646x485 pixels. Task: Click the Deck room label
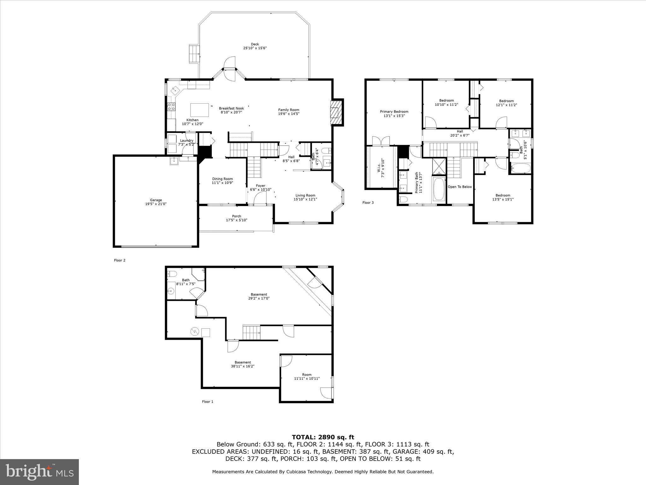click(x=255, y=44)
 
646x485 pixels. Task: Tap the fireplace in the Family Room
click(x=336, y=112)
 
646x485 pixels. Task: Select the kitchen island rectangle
click(x=199, y=110)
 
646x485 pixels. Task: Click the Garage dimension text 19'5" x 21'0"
click(x=156, y=204)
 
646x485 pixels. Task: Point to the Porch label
click(x=236, y=216)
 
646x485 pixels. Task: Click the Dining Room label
click(x=222, y=179)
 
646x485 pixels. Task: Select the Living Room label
click(x=305, y=195)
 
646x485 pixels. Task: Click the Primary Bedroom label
click(x=394, y=111)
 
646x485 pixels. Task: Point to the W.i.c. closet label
click(x=379, y=170)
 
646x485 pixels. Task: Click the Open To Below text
click(x=460, y=187)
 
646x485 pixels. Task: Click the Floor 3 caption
click(x=368, y=203)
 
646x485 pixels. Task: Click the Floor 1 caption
click(x=208, y=402)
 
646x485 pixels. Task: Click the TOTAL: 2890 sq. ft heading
click(x=323, y=437)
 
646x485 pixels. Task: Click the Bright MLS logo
click(x=39, y=472)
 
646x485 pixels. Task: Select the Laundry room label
click(x=186, y=141)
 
